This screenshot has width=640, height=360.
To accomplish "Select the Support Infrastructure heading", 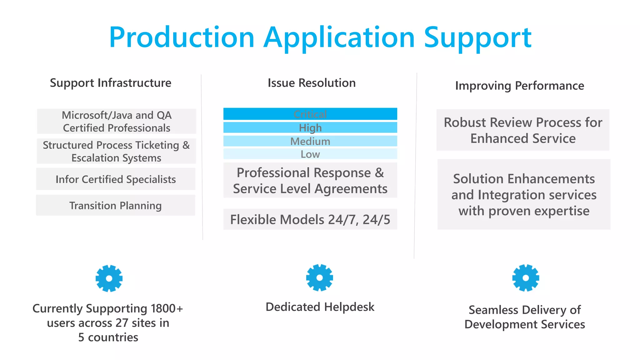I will coord(111,83).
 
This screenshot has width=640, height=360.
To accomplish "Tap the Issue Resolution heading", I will coord(312,83).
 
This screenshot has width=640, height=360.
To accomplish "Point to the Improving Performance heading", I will coord(519,86).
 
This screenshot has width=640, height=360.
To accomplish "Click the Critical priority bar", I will coord(310,114).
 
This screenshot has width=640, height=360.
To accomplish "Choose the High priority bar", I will coord(310,127).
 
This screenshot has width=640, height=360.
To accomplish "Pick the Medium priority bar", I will coord(310,141).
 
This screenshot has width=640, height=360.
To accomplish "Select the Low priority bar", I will coord(310,154).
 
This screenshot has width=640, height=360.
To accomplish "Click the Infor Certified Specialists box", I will coord(116,179).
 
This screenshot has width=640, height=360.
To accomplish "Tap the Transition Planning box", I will coord(116,205).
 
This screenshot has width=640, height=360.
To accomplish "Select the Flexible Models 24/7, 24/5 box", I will coord(310,219).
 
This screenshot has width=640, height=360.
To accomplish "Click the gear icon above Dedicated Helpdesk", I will coord(319,277).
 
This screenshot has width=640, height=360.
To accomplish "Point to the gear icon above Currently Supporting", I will coord(109,278).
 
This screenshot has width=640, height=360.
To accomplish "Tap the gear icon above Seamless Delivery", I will coord(526,278).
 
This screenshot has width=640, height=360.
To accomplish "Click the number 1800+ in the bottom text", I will coord(167,308).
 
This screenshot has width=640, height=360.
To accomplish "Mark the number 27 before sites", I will coord(122,323).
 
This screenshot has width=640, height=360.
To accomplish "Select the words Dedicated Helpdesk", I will coord(320,307).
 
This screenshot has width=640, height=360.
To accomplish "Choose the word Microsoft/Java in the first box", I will coord(97,115).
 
